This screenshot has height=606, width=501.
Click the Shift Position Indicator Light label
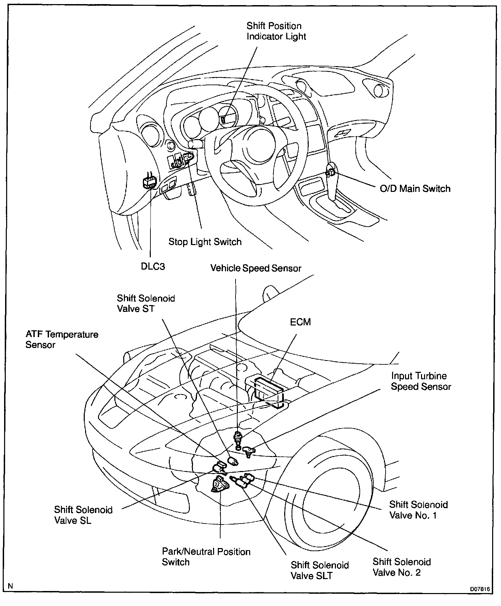(276, 31)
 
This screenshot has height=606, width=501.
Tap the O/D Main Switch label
(415, 189)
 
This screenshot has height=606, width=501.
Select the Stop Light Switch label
(205, 242)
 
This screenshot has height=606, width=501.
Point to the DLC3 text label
(153, 266)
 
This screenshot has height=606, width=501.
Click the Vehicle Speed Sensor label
(256, 268)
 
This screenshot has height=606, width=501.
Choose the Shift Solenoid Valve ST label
(146, 303)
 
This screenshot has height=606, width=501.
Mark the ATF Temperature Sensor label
(62, 339)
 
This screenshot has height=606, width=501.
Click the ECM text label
(300, 322)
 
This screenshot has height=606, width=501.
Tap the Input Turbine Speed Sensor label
(421, 381)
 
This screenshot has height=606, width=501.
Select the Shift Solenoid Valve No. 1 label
(418, 510)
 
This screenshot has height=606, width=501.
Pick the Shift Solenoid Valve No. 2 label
(402, 567)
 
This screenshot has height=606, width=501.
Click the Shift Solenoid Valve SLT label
(320, 570)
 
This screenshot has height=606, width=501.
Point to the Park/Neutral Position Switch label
(206, 557)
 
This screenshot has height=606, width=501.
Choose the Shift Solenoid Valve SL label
(83, 515)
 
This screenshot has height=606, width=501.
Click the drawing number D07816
(480, 589)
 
